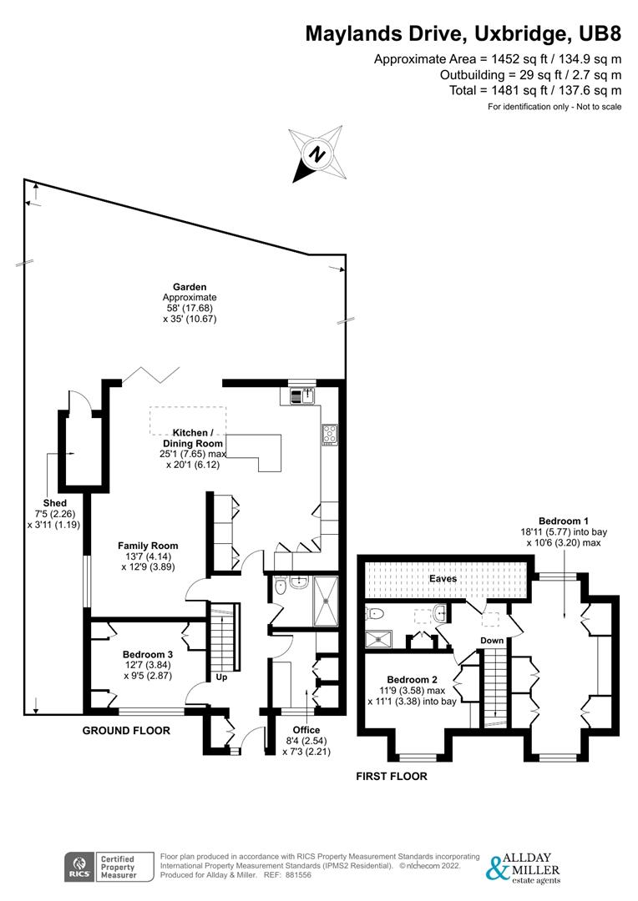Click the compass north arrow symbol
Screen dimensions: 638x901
pyautogui.click(x=316, y=154)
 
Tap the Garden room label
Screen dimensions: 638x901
pyautogui.click(x=190, y=287)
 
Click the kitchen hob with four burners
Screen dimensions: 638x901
pyautogui.click(x=330, y=434)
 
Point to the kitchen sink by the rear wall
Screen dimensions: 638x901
pyautogui.click(x=301, y=395)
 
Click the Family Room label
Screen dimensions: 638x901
pyautogui.click(x=147, y=546)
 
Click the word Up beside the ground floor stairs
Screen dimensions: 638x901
pyautogui.click(x=222, y=678)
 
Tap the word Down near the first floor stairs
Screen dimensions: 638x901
pyautogui.click(x=491, y=641)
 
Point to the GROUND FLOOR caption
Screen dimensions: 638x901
pyautogui.click(x=126, y=731)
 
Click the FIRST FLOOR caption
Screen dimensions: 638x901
pyautogui.click(x=392, y=776)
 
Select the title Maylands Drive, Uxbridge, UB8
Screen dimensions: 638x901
pyautogui.click(x=463, y=34)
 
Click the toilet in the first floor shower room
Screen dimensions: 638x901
pyautogui.click(x=375, y=614)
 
